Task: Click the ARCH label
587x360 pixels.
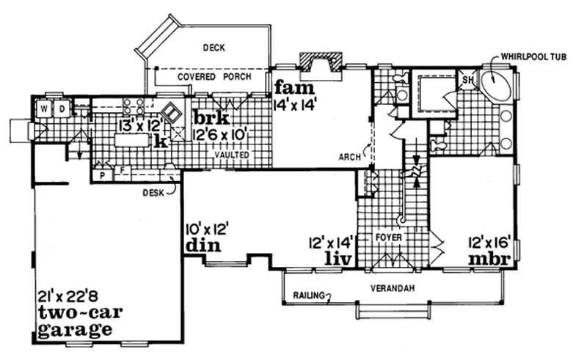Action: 349,156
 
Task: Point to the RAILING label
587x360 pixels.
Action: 305,295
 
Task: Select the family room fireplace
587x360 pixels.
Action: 321,65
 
